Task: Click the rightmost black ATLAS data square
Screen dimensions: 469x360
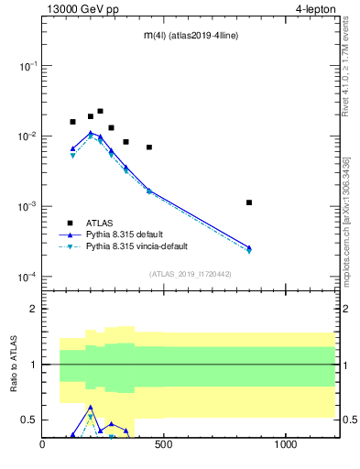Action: click(249, 202)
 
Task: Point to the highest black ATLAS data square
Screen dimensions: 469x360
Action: click(100, 111)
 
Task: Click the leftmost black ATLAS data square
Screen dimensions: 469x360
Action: click(72, 122)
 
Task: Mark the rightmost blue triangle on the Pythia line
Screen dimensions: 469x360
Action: click(249, 247)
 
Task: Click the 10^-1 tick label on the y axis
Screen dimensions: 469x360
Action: click(28, 66)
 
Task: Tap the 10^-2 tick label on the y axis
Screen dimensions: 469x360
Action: click(28, 136)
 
